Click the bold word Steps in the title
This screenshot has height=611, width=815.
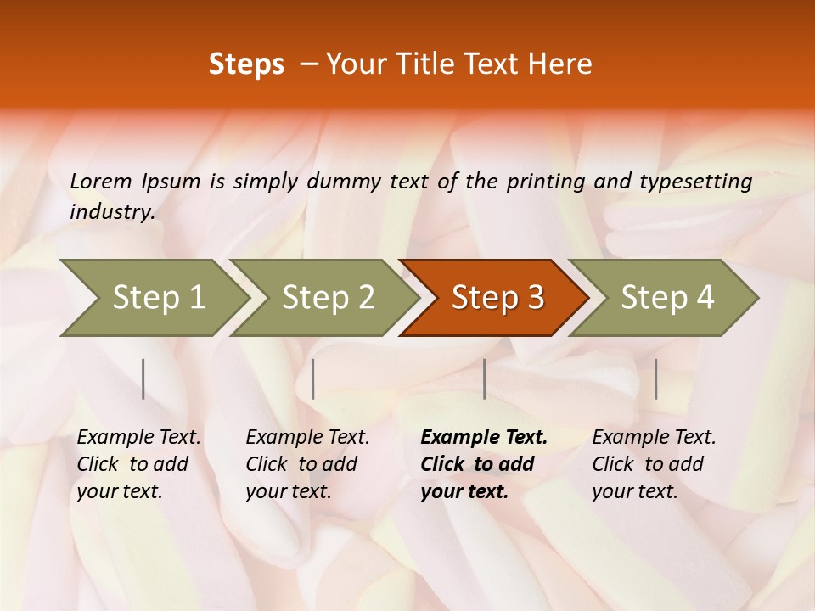(x=246, y=64)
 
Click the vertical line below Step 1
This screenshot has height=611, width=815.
(x=143, y=378)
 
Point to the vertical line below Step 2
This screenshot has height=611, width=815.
(x=313, y=378)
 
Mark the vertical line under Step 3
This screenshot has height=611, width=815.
(x=484, y=378)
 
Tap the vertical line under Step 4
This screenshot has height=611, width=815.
(x=655, y=378)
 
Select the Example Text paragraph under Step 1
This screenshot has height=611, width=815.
(x=138, y=464)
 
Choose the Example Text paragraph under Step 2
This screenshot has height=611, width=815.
(x=307, y=464)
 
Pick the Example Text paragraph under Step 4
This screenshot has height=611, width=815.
(x=654, y=464)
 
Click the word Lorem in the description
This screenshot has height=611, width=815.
(x=101, y=181)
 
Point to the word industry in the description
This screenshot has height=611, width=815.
(x=112, y=211)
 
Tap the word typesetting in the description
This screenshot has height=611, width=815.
(x=695, y=181)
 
